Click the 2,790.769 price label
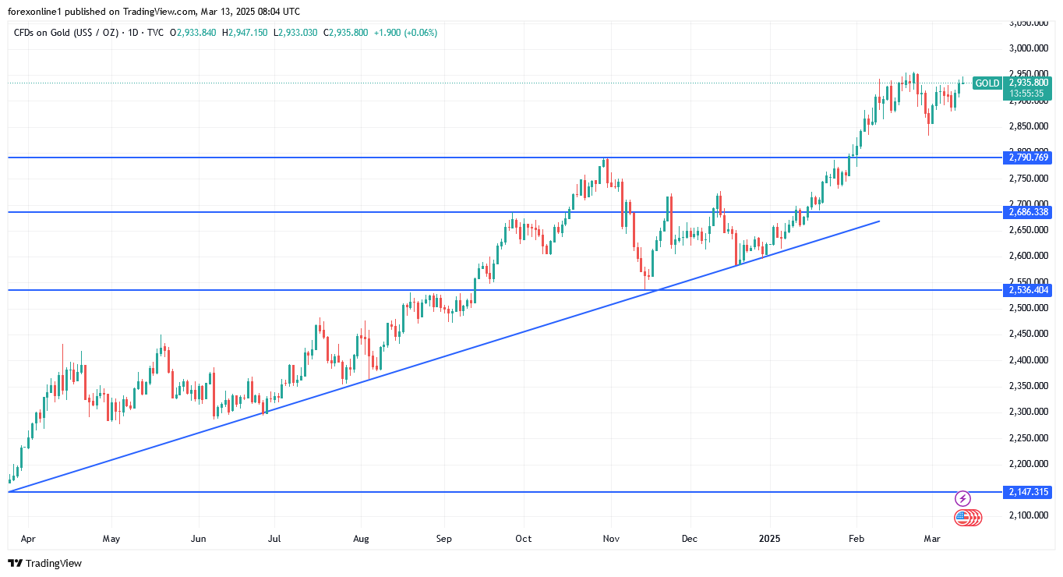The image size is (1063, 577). pyautogui.click(x=1029, y=158)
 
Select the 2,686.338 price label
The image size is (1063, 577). pyautogui.click(x=1029, y=212)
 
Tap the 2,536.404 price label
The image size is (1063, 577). pyautogui.click(x=1029, y=290)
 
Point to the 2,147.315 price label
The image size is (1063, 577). pyautogui.click(x=1029, y=492)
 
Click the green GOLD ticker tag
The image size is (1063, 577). pyautogui.click(x=987, y=83)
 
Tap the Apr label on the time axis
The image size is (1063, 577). pyautogui.click(x=28, y=539)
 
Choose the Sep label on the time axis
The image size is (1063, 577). pyautogui.click(x=443, y=539)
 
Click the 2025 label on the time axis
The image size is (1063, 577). pyautogui.click(x=770, y=539)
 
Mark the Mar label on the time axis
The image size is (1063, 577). pyautogui.click(x=931, y=539)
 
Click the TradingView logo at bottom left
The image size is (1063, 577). pyautogui.click(x=45, y=563)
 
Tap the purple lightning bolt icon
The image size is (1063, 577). pyautogui.click(x=963, y=498)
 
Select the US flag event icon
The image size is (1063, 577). pyautogui.click(x=962, y=517)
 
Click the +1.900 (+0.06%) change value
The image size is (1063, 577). pyautogui.click(x=405, y=33)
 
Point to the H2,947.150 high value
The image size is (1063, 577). pyautogui.click(x=245, y=33)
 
